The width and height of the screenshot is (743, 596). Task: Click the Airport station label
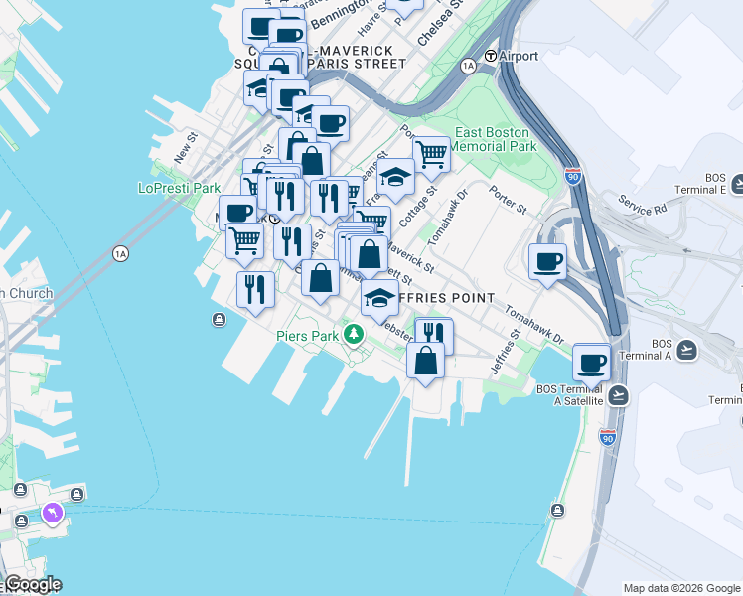[x=518, y=56]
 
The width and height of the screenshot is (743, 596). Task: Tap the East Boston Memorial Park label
[x=494, y=139]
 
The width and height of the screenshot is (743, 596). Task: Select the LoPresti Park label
[x=179, y=188]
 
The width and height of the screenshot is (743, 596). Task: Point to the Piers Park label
[x=308, y=336]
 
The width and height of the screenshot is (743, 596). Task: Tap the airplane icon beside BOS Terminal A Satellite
[x=618, y=395]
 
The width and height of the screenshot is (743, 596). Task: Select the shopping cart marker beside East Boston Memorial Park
[x=430, y=154]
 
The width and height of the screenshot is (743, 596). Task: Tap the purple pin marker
[x=51, y=513]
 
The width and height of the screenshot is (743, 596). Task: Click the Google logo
[x=32, y=585]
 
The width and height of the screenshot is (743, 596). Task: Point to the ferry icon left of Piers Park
[x=219, y=319]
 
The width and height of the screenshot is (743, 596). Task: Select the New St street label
[x=186, y=150]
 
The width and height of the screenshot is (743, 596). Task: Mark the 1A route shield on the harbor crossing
[x=121, y=253]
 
